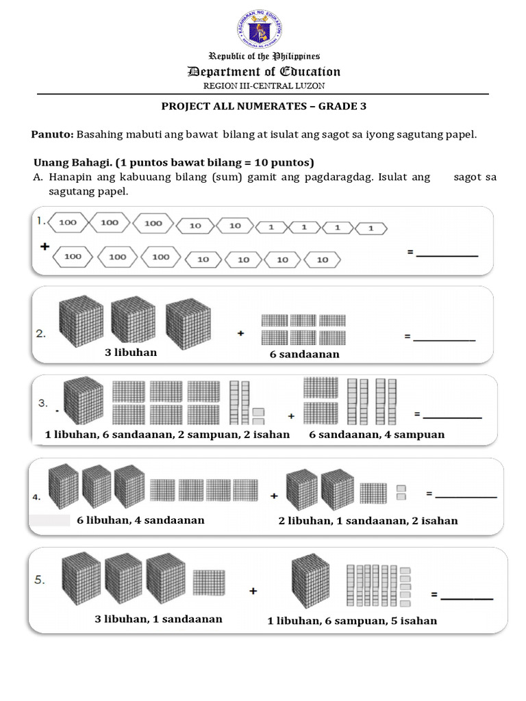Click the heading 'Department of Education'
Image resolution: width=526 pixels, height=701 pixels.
click(x=264, y=72)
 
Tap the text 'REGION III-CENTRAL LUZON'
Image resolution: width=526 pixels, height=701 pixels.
click(x=264, y=86)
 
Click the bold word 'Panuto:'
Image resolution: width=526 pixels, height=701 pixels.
click(x=53, y=134)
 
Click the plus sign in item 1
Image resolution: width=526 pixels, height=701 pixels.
click(x=44, y=247)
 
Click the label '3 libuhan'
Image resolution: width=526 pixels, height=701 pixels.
click(x=130, y=353)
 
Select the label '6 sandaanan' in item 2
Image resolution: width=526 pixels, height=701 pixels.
click(x=305, y=355)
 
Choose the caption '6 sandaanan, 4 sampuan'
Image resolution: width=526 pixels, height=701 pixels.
click(x=377, y=435)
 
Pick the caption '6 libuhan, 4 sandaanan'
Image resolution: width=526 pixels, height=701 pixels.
click(x=140, y=520)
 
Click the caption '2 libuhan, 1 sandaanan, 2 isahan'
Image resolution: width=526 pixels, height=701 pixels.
click(x=368, y=521)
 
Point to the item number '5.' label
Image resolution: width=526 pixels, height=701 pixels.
click(x=40, y=580)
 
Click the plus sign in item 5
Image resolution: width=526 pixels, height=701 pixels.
click(x=253, y=591)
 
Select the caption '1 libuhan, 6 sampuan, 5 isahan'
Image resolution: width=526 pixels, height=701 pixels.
click(x=352, y=621)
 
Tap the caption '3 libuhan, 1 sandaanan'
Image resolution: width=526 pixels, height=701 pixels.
click(x=158, y=619)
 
